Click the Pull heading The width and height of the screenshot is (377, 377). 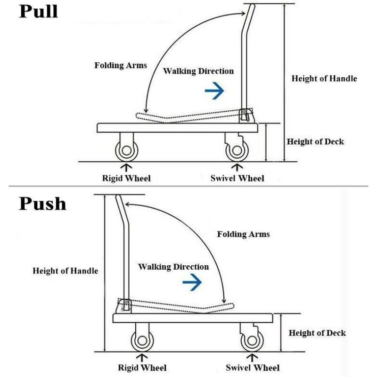[39, 11]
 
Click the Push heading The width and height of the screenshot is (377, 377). [42, 204]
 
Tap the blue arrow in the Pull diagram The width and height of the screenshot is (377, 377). [214, 90]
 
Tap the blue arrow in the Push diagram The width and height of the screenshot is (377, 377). [192, 282]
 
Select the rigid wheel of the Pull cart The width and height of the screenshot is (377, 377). [127, 150]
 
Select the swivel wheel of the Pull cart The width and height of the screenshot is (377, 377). [237, 150]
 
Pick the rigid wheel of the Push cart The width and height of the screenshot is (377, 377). [142, 341]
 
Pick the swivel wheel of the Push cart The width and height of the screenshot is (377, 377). [252, 341]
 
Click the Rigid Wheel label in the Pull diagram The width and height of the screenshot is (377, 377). [126, 179]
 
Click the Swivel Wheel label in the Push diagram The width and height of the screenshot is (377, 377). [253, 368]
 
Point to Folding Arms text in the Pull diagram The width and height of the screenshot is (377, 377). [121, 65]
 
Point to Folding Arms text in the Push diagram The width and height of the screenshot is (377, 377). [243, 234]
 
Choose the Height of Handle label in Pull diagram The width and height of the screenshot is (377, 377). [324, 79]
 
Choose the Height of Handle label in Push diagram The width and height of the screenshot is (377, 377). [66, 271]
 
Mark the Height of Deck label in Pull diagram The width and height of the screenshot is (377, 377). [315, 141]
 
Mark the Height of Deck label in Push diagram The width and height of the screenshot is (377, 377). [317, 333]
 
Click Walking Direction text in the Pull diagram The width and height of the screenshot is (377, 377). [198, 71]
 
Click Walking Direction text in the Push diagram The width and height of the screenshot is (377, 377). [173, 267]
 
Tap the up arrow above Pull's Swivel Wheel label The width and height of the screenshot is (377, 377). [237, 168]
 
